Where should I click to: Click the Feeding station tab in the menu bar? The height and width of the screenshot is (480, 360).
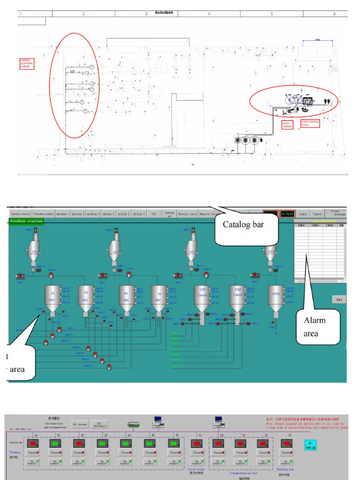[x=21, y=214]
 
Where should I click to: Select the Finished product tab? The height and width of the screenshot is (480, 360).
[x=44, y=214]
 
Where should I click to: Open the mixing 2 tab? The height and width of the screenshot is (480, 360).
[x=124, y=214]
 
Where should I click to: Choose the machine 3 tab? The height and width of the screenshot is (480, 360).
[x=94, y=214]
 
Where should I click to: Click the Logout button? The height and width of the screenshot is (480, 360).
[x=317, y=214]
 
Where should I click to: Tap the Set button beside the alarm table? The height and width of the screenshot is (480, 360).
[x=339, y=300]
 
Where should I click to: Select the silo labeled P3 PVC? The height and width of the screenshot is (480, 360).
[x=53, y=299]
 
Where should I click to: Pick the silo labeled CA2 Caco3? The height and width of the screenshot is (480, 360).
[x=238, y=298]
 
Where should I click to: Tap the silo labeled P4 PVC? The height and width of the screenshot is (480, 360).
[x=126, y=299]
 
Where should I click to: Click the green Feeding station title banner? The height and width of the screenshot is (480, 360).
[x=26, y=221]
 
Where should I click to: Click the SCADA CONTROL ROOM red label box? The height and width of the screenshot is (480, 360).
[x=310, y=124]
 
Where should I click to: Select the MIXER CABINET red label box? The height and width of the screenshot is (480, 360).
[x=287, y=125]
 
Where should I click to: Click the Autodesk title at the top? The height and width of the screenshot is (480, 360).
[x=164, y=12]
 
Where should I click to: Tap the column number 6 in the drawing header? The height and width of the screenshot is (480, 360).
[x=334, y=14]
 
